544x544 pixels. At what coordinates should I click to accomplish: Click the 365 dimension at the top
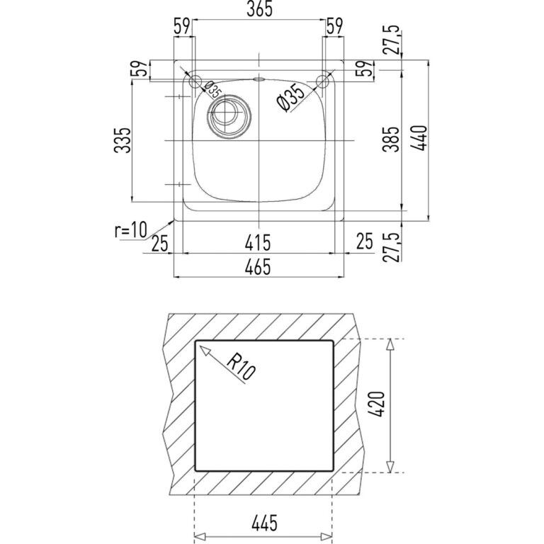click(259, 9)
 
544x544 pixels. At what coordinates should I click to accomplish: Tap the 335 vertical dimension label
click(123, 140)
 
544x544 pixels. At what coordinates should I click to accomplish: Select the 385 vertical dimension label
click(391, 139)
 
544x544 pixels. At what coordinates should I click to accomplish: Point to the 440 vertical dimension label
click(418, 137)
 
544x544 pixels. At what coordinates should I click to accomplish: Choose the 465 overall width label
click(257, 268)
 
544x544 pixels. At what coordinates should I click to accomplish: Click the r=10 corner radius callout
click(131, 230)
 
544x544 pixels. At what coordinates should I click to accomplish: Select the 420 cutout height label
click(377, 404)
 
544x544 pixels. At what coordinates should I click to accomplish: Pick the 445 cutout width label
click(264, 523)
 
